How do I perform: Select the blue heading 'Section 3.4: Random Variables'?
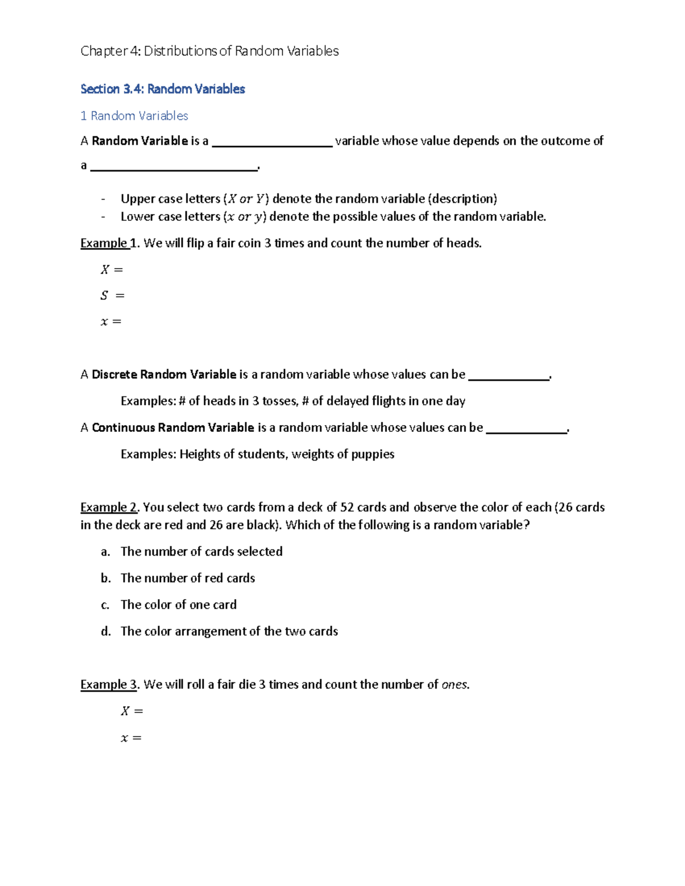click(163, 89)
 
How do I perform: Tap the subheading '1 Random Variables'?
click(134, 116)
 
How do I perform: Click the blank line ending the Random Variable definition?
click(174, 167)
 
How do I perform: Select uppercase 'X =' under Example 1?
click(111, 269)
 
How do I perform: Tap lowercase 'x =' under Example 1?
click(111, 322)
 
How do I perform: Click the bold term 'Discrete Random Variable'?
click(164, 375)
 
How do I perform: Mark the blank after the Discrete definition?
click(508, 377)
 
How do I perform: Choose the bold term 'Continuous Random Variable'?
click(173, 428)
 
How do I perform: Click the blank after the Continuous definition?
click(526, 430)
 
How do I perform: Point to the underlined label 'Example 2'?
click(109, 507)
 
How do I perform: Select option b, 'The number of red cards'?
click(187, 578)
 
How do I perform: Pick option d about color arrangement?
click(229, 631)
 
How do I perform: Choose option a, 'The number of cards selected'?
click(201, 552)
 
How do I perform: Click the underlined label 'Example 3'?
click(109, 684)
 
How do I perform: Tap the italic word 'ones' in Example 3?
click(454, 685)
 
